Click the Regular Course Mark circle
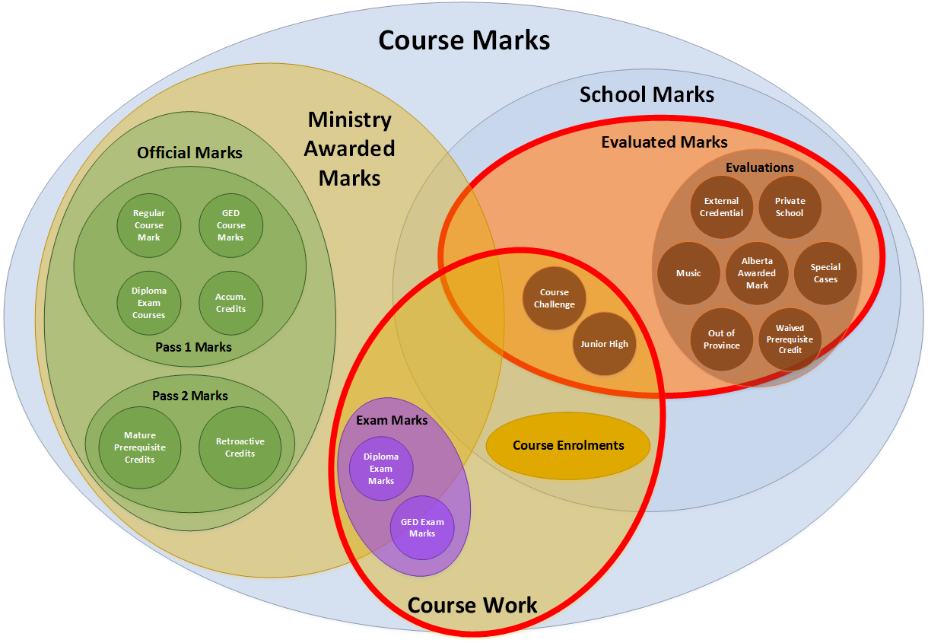pos(148,225)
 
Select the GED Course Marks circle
pos(231,225)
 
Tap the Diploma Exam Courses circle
pos(148,303)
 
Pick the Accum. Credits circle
pos(231,303)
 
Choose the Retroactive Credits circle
pos(240,447)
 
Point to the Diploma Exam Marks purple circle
pos(381,469)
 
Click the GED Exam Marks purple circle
pos(422,527)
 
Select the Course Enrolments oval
pos(568,446)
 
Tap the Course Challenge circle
pos(555,298)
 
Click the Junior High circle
pos(605,344)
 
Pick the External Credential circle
pos(721,207)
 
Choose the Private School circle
pos(790,207)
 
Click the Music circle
pos(688,273)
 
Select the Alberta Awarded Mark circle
pos(757,273)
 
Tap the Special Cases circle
pos(825,273)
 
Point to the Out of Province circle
pos(721,339)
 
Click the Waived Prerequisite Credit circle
pos(790,339)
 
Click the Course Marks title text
pos(464,40)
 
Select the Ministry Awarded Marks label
pos(350,148)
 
